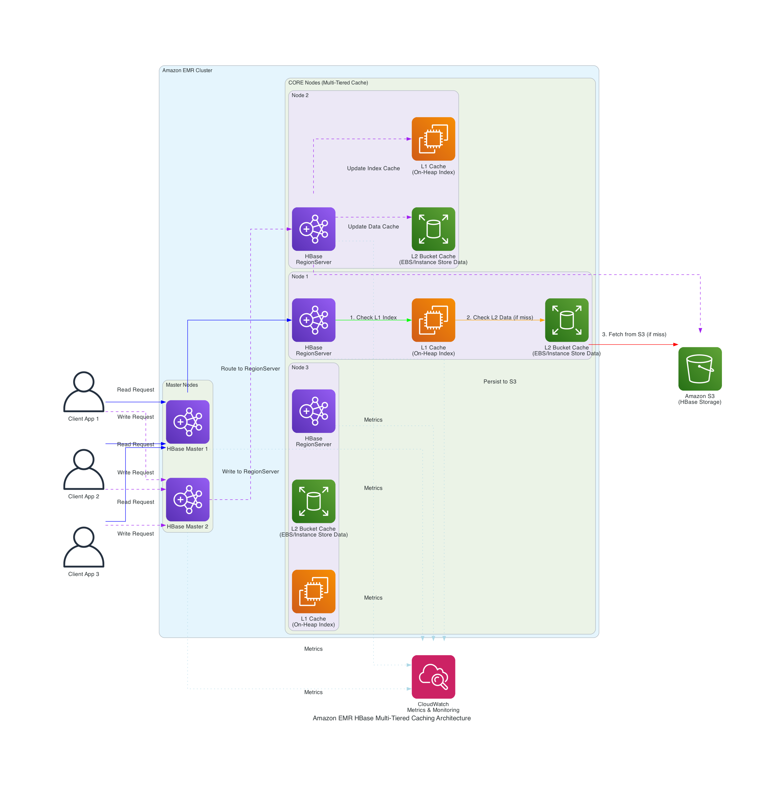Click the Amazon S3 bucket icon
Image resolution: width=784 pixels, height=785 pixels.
(x=700, y=369)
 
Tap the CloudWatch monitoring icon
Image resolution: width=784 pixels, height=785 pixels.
(x=433, y=677)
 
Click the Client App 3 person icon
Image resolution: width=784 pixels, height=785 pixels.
(x=84, y=547)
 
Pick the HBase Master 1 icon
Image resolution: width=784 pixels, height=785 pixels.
(x=188, y=422)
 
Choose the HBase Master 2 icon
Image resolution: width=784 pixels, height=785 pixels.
(x=188, y=499)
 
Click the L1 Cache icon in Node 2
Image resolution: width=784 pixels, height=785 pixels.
(x=433, y=139)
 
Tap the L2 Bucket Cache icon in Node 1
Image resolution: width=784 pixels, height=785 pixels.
(x=566, y=320)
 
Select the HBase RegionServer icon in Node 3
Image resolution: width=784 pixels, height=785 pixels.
(x=314, y=411)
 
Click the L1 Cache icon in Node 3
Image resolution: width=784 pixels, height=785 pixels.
(x=314, y=591)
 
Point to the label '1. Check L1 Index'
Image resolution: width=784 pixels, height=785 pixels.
(x=373, y=317)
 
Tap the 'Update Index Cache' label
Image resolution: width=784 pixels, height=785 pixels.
(x=373, y=168)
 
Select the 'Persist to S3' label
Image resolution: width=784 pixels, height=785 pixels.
(x=500, y=381)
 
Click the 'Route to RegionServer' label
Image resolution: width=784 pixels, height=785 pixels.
(x=250, y=369)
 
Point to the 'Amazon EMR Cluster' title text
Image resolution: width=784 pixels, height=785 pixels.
(x=187, y=70)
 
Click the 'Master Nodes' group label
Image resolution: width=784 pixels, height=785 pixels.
(x=181, y=385)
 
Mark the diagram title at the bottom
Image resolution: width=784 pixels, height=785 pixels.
(x=392, y=718)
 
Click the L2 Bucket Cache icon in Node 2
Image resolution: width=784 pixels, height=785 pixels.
(x=433, y=229)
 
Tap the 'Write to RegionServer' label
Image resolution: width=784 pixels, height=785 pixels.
(x=250, y=471)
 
